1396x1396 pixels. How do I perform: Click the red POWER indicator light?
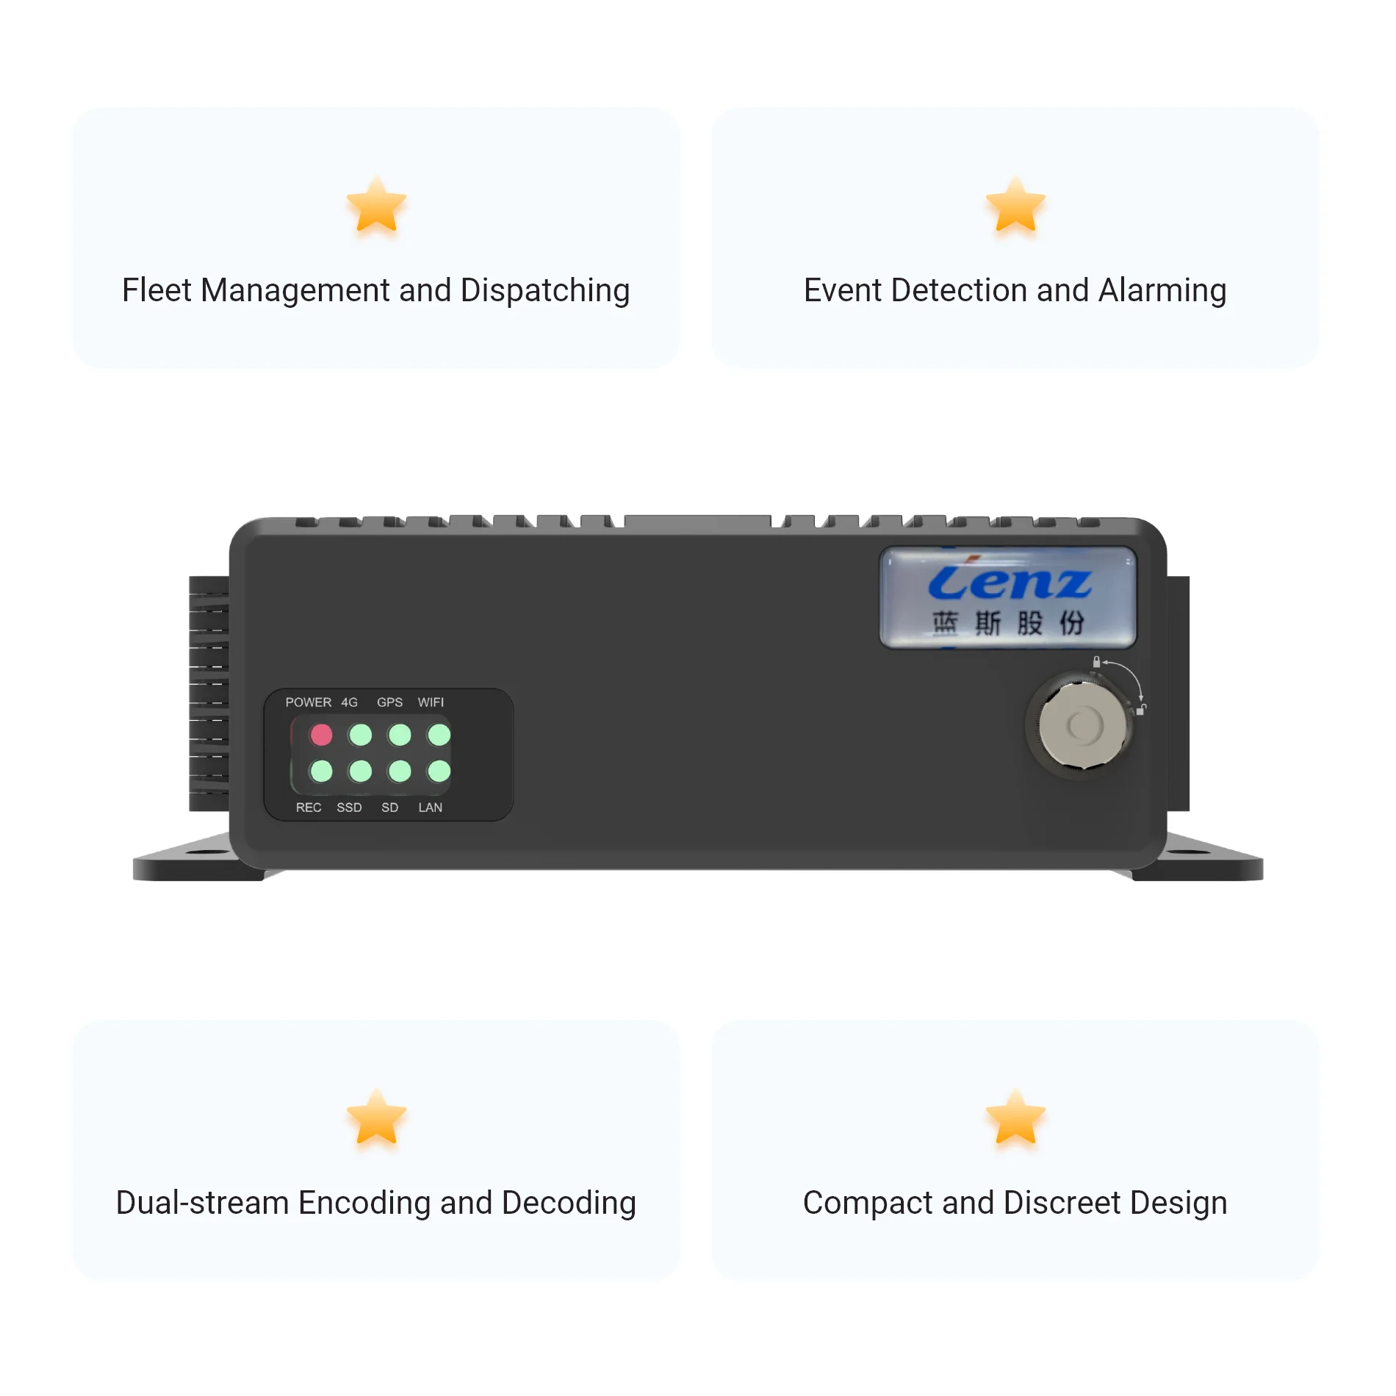click(321, 734)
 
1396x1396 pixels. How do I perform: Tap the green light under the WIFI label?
click(439, 734)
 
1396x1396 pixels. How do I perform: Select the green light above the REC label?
click(321, 771)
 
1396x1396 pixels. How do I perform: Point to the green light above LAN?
click(439, 771)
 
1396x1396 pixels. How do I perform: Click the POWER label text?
click(308, 702)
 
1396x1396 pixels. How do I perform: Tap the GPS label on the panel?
click(389, 702)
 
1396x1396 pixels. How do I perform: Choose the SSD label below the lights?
click(349, 807)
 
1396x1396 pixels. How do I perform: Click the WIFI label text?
click(431, 702)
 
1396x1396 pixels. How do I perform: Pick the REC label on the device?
click(309, 807)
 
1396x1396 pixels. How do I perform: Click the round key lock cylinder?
click(1082, 725)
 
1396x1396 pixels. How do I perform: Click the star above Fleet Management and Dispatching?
click(376, 206)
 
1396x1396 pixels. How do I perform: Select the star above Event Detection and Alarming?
click(1015, 206)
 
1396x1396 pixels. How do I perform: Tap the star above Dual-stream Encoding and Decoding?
click(376, 1118)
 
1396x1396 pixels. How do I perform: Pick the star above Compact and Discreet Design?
click(1015, 1118)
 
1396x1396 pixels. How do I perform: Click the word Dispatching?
click(544, 291)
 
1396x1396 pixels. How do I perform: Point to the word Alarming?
click(1162, 291)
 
